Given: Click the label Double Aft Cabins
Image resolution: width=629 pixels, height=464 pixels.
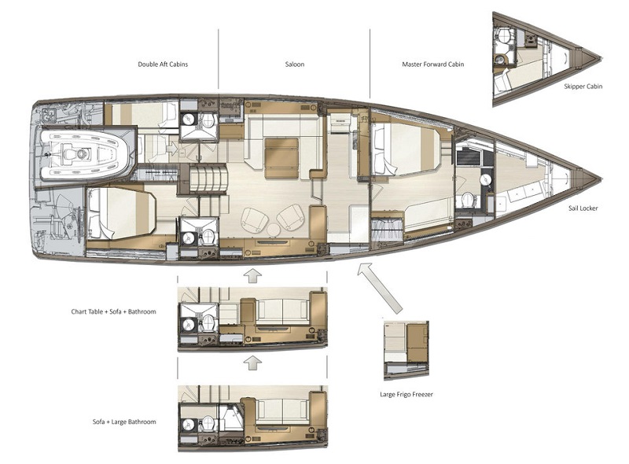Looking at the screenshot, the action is pyautogui.click(x=163, y=64).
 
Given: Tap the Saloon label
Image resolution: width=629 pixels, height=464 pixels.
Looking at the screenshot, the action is pyautogui.click(x=294, y=64).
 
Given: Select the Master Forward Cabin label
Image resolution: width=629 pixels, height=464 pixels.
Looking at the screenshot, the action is pyautogui.click(x=433, y=64).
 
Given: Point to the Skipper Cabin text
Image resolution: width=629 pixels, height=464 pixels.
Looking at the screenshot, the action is pyautogui.click(x=583, y=87).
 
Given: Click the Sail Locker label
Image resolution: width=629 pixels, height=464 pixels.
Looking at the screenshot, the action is pyautogui.click(x=583, y=208).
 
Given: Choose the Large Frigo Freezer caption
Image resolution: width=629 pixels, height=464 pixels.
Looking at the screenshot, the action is pyautogui.click(x=406, y=394).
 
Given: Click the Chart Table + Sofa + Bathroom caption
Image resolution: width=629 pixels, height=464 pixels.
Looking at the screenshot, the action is pyautogui.click(x=113, y=311).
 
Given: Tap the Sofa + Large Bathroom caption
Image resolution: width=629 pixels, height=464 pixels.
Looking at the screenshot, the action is pyautogui.click(x=124, y=422).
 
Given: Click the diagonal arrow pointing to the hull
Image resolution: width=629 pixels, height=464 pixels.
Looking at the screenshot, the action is pyautogui.click(x=379, y=287).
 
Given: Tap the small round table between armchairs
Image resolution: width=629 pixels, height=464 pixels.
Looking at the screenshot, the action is pyautogui.click(x=274, y=230).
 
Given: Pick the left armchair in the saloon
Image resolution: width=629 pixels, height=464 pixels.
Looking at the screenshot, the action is pyautogui.click(x=254, y=220).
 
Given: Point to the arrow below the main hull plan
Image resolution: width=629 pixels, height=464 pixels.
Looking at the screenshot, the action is pyautogui.click(x=252, y=276).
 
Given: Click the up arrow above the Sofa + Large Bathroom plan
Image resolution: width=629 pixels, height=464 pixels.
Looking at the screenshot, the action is pyautogui.click(x=252, y=363).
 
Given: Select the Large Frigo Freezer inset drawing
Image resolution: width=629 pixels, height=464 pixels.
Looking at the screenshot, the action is pyautogui.click(x=406, y=350).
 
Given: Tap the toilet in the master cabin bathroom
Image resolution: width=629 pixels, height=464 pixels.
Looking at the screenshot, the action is pyautogui.click(x=467, y=200).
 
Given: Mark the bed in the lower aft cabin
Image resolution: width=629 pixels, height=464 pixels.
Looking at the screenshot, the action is pyautogui.click(x=121, y=214).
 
